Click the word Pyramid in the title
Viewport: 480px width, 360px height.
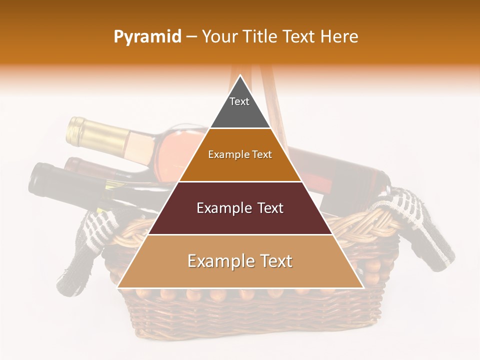point(147,36)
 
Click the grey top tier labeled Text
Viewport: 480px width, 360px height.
point(239,108)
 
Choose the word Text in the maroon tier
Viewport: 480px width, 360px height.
point(268,208)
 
